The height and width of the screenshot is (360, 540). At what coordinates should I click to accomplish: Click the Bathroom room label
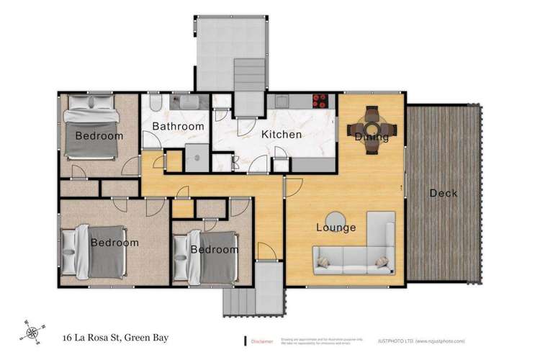(x=178, y=127)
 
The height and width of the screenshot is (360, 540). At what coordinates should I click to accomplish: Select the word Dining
(x=372, y=137)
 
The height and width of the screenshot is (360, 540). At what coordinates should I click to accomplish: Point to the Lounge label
(x=336, y=228)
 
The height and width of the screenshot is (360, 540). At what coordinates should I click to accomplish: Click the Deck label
(x=443, y=193)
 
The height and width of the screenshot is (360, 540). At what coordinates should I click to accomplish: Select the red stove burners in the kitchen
(x=321, y=100)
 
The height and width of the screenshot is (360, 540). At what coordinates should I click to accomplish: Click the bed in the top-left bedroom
(x=91, y=132)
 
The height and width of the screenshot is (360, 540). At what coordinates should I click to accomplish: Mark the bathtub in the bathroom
(x=192, y=102)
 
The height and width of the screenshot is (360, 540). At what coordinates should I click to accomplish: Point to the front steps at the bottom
(x=238, y=294)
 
